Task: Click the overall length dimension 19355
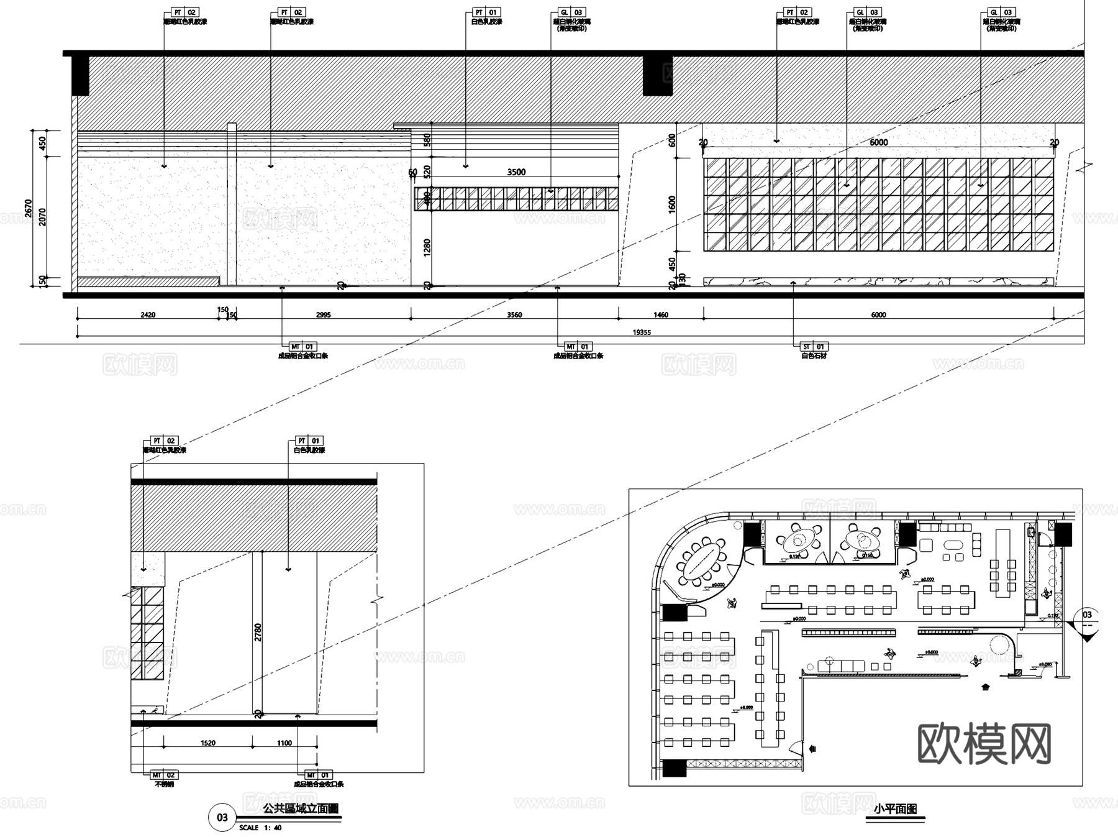pos(642,332)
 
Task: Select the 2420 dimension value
pos(148,315)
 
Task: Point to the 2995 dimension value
pos(323,315)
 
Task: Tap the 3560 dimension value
pos(514,315)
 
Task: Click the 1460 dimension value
pos(661,315)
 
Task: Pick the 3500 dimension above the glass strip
pos(516,172)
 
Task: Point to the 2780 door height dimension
pos(258,633)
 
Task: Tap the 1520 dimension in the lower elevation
pos(207,743)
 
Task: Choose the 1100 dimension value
pos(284,743)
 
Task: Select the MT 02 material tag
pos(164,775)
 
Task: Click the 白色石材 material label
pos(814,356)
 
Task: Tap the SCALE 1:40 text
pos(260,828)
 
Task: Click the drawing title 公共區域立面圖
pos(301,809)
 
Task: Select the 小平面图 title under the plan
pos(895,809)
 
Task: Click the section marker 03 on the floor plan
pos(1087,615)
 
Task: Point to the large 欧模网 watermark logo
pos(984,744)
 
